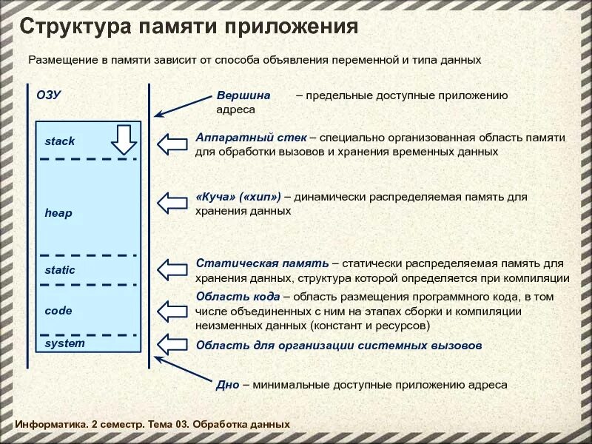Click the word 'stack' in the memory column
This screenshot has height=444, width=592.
coord(59,141)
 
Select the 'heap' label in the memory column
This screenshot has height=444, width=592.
coord(58,213)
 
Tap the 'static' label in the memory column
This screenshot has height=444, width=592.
coord(59,270)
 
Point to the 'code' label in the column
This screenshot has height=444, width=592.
coord(58,311)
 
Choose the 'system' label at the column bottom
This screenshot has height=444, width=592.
coord(64,343)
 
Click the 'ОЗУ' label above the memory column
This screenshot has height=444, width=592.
coord(48,95)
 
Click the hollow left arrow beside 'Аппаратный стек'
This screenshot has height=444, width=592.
coord(174,144)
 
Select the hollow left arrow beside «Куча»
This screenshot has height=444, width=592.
coord(174,202)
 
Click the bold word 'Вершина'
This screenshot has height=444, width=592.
coord(243,95)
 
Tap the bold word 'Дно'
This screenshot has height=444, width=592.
coord(227,385)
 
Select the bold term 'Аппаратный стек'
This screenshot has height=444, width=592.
coord(252,138)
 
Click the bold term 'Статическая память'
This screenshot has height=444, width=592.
coord(262,263)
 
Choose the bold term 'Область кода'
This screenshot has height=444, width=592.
coord(238,297)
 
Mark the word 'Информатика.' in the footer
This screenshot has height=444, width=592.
coord(50,424)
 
